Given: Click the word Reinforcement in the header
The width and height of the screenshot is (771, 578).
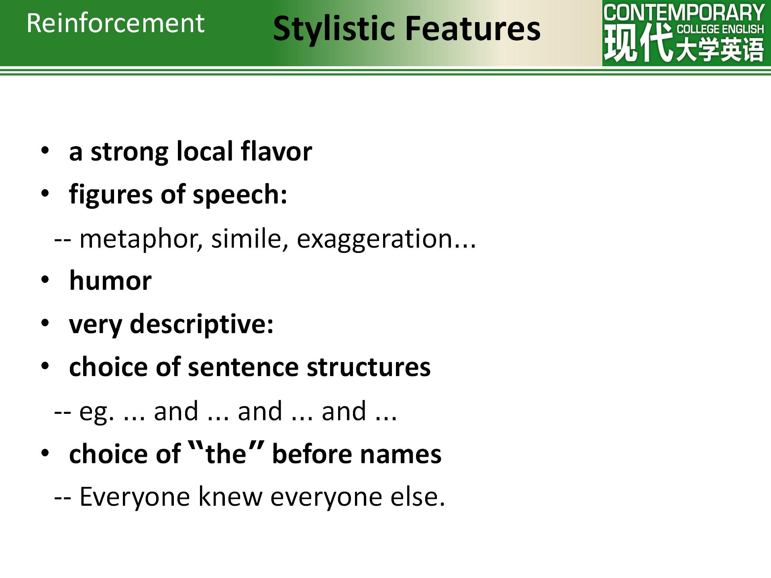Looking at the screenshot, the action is (116, 23).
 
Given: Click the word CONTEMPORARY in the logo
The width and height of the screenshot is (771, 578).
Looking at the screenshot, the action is (684, 12).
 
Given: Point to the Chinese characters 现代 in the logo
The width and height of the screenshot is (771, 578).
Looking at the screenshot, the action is (638, 43).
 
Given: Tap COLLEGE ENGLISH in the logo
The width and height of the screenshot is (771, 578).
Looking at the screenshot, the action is (720, 29).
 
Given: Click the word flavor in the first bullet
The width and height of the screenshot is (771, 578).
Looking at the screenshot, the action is (276, 151).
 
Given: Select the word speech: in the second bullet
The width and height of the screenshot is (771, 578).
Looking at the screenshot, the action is (240, 195).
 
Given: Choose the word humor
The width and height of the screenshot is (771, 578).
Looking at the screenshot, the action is (110, 280).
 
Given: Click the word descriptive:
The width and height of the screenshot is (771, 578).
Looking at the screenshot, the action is (202, 324).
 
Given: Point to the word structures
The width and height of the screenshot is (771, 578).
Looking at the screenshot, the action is (368, 367).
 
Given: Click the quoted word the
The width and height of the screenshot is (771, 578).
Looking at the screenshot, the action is (226, 454).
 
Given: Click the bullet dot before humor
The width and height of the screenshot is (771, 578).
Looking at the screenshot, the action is (45, 280).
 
